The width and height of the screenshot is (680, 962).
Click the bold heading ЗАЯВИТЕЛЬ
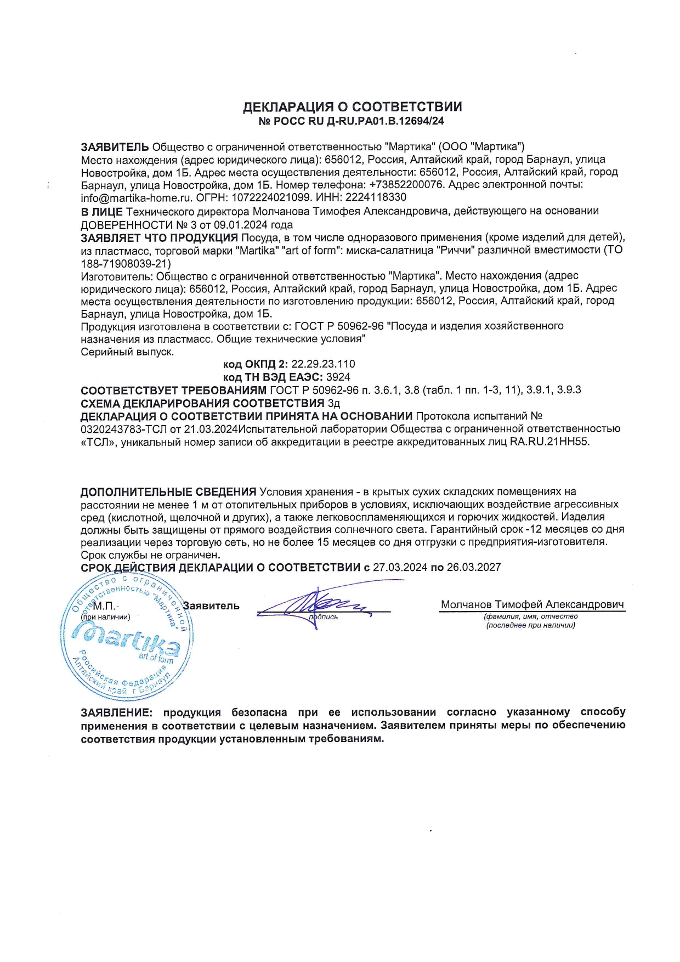115,147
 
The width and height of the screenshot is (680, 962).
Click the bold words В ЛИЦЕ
101,211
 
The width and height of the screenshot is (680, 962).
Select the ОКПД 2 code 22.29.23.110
323,364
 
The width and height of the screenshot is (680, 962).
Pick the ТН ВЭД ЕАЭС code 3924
338,377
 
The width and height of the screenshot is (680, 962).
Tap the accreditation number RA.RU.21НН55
549,442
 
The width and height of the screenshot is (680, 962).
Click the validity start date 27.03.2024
400,568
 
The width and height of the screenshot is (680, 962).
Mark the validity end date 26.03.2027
474,568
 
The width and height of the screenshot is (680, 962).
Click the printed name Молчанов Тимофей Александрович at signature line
532,605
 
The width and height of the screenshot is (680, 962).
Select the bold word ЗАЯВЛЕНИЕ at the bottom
115,713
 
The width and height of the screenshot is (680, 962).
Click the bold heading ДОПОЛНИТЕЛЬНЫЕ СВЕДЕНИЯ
168,492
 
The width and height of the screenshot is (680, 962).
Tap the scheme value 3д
333,404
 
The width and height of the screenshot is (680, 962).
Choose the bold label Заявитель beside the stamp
211,606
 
